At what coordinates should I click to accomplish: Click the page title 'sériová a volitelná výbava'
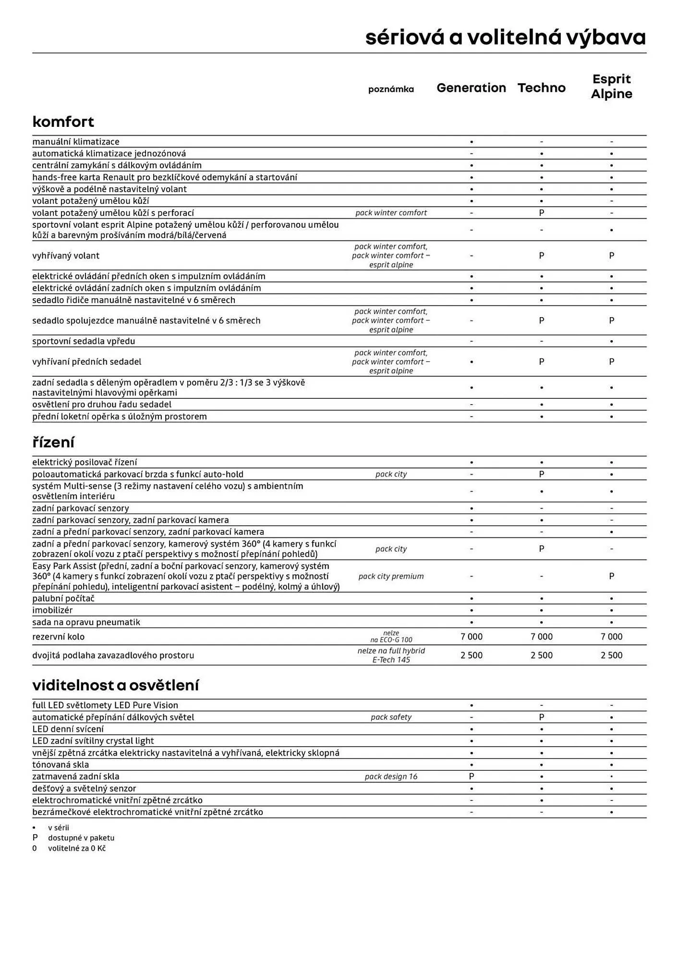pos(505,37)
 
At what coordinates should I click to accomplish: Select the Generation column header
pos(471,88)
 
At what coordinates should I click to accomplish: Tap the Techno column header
pos(541,88)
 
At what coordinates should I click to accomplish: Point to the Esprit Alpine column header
pos(611,86)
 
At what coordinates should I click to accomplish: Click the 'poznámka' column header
pos(391,89)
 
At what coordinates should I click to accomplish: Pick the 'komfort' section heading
pos(63,122)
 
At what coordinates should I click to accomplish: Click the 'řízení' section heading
pos(53,442)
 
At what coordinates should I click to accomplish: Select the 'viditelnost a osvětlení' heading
pos(115,685)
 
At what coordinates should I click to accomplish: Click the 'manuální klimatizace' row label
pos(76,142)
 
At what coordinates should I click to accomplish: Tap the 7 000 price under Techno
pos(541,637)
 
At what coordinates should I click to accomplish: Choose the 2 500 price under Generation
pos(471,655)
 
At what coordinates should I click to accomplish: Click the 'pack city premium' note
pos(391,576)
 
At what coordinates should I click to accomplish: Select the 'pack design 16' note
pos(391,776)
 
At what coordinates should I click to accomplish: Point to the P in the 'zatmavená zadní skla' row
pos(471,776)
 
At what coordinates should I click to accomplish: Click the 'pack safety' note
pos(391,717)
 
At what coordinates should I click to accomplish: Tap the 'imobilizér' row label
pos(52,610)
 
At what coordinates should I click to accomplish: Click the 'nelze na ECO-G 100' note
pos(391,637)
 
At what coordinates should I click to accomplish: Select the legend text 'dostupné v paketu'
pos(81,838)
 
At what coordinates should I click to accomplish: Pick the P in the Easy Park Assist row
pos(611,576)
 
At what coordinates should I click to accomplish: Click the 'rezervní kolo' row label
pos(58,637)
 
